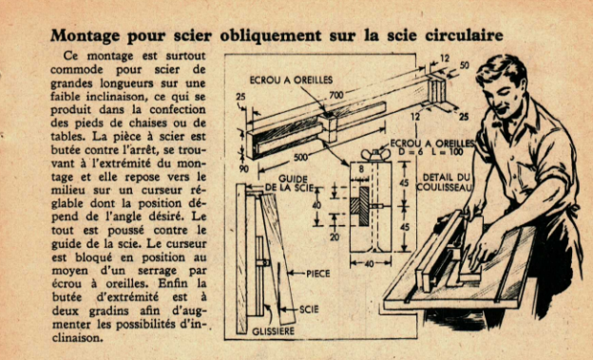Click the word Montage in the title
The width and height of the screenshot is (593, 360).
pos(86,36)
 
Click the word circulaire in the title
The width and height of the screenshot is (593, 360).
pos(464,35)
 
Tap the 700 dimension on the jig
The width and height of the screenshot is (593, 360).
pos(335,95)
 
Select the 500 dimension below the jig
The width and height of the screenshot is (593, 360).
pos(300,157)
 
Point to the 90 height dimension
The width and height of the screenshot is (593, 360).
pos(244,169)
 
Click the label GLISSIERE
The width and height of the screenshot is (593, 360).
pos(273,332)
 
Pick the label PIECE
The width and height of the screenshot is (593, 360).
pos(317,274)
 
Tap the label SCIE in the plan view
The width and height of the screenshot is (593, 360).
pos(309,310)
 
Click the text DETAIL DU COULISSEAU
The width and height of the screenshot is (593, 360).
pos(445,181)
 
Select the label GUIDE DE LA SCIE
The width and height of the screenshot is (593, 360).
pos(290,183)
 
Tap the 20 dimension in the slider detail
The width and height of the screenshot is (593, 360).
pos(335,237)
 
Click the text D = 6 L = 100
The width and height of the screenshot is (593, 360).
pos(431,152)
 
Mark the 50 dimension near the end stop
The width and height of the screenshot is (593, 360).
pos(465,65)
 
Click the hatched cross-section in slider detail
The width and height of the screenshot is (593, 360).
pos(359,206)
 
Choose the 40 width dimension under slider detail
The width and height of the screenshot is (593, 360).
pos(370,263)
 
